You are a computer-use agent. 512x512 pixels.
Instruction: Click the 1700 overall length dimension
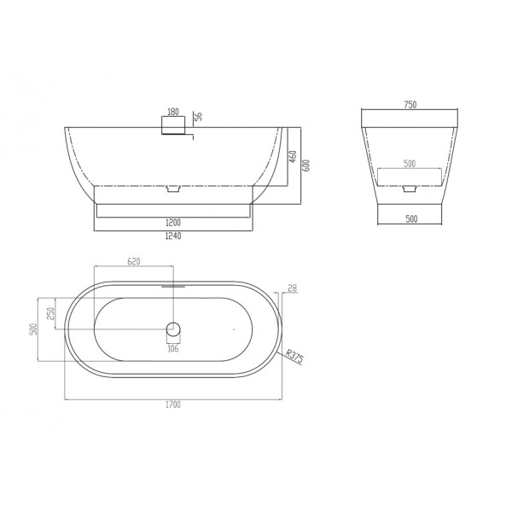174,407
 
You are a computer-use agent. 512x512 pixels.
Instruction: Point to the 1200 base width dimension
174,223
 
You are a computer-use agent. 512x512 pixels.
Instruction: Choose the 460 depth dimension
291,158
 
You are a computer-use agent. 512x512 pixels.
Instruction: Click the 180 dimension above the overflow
174,112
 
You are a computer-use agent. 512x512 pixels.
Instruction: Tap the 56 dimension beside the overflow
198,118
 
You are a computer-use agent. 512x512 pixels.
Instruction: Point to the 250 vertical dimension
50,313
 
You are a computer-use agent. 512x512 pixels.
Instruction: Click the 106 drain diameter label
173,347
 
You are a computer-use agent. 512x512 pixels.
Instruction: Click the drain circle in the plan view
173,329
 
